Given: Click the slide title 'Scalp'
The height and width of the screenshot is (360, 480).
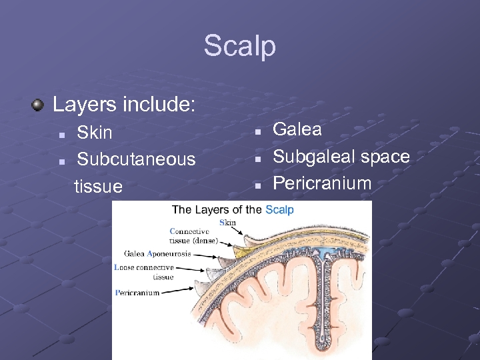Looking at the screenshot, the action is pyautogui.click(x=239, y=47).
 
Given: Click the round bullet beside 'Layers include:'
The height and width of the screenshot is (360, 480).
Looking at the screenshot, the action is pyautogui.click(x=39, y=105).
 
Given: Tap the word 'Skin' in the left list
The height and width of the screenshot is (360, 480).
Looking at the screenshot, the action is pyautogui.click(x=95, y=133).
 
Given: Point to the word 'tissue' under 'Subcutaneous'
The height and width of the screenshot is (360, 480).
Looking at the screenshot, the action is pyautogui.click(x=99, y=187).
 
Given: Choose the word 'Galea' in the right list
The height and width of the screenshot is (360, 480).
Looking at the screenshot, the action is pyautogui.click(x=297, y=129).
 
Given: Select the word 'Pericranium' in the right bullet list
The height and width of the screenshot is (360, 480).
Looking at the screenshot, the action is pyautogui.click(x=322, y=183).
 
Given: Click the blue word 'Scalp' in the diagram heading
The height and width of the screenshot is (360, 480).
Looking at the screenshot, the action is pyautogui.click(x=279, y=210).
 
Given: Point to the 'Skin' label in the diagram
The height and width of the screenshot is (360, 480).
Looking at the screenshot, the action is pyautogui.click(x=227, y=222).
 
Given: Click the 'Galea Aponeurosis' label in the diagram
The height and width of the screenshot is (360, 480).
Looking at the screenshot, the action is pyautogui.click(x=157, y=254).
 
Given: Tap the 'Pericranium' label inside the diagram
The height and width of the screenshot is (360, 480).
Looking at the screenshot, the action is pyautogui.click(x=137, y=293).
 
